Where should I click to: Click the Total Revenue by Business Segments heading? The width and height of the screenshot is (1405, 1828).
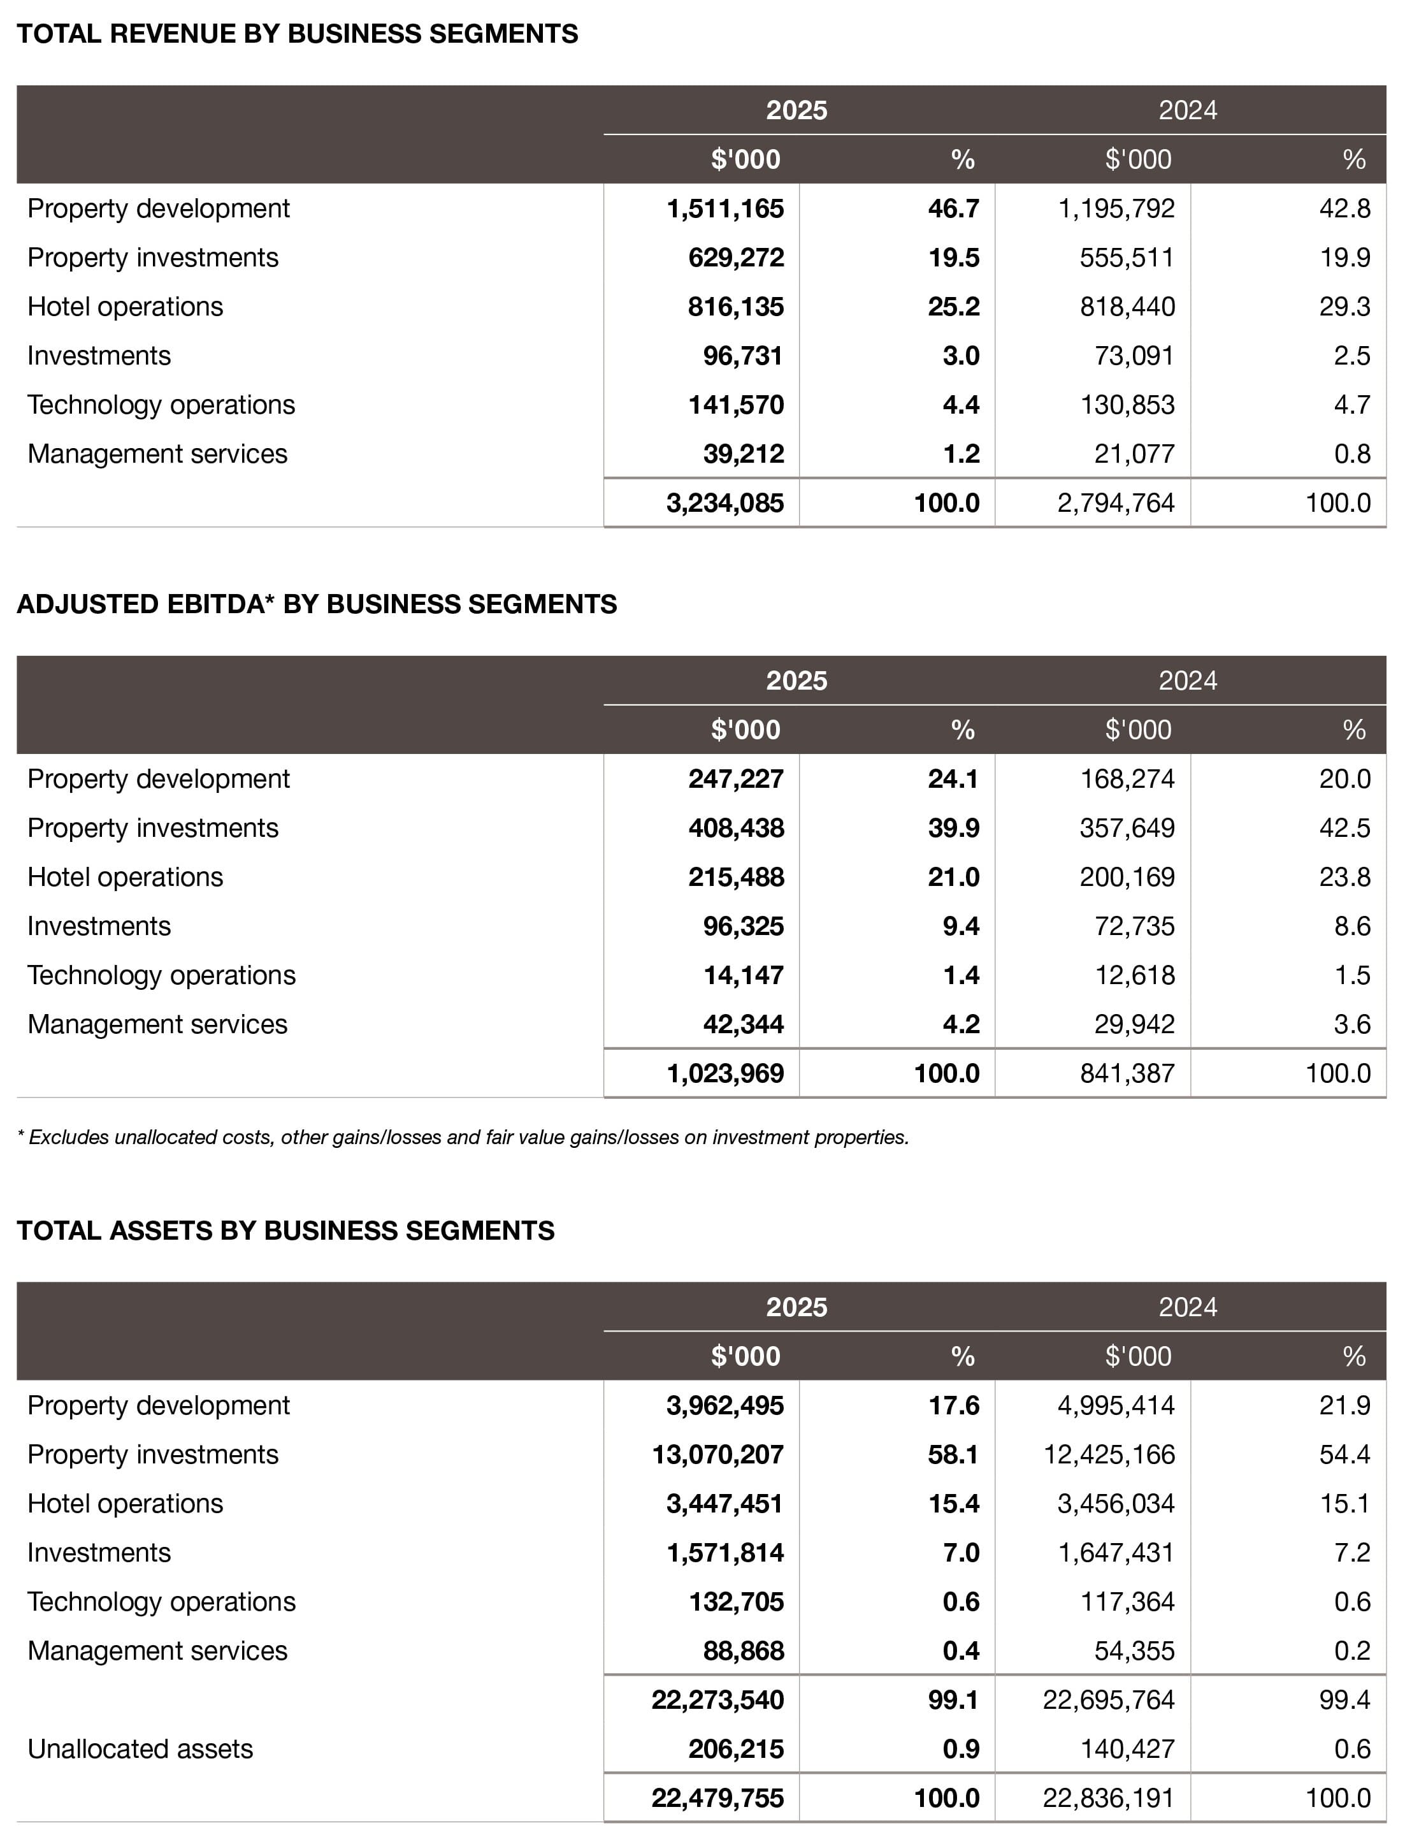pos(297,34)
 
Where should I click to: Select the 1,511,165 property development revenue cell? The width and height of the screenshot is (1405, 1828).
pos(724,208)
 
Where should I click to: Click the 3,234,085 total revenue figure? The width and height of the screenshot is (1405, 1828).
pos(724,503)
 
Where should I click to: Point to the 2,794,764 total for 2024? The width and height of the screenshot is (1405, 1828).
pos(1116,503)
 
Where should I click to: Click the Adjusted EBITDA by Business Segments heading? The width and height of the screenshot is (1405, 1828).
pos(316,604)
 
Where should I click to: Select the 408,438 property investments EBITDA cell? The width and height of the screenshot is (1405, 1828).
pos(735,827)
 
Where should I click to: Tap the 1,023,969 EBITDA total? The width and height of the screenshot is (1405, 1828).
pos(724,1073)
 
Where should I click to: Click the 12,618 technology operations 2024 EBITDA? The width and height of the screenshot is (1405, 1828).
pos(1134,975)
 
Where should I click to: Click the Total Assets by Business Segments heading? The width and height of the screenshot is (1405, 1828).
pos(285,1231)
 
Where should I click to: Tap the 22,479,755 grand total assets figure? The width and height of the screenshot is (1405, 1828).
pos(717,1798)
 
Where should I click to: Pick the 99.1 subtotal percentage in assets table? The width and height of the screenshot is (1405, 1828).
pos(953,1699)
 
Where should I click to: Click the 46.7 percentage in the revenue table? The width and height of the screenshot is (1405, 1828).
pos(953,208)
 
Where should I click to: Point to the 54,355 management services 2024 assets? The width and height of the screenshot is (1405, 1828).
pos(1134,1651)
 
